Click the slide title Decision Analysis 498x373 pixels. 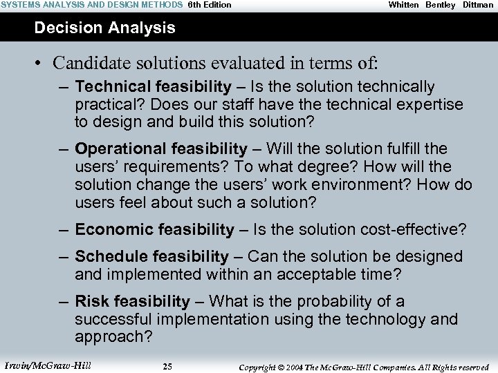tap(104, 28)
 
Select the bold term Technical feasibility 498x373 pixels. tap(153, 86)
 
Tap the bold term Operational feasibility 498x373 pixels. tap(160, 149)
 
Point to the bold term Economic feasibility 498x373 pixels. tap(154, 229)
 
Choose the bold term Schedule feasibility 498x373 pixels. tap(151, 256)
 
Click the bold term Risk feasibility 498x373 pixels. tap(132, 301)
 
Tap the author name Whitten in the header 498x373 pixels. tap(403, 5)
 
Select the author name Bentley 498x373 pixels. tap(441, 5)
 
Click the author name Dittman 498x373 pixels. tap(478, 5)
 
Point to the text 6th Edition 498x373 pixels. tap(210, 5)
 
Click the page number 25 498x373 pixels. tap(167, 367)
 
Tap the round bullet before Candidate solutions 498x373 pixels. tap(40, 64)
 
